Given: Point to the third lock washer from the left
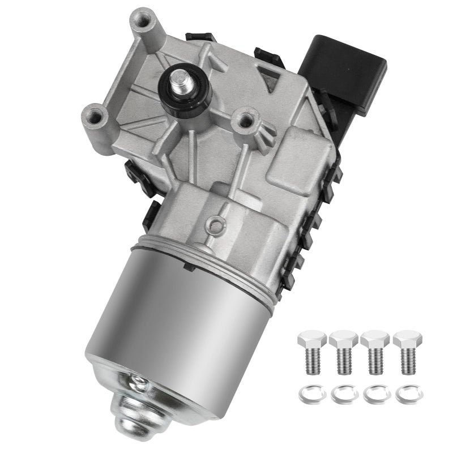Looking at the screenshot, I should pos(373,393).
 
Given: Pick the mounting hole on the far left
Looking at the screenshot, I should pos(95,118).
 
